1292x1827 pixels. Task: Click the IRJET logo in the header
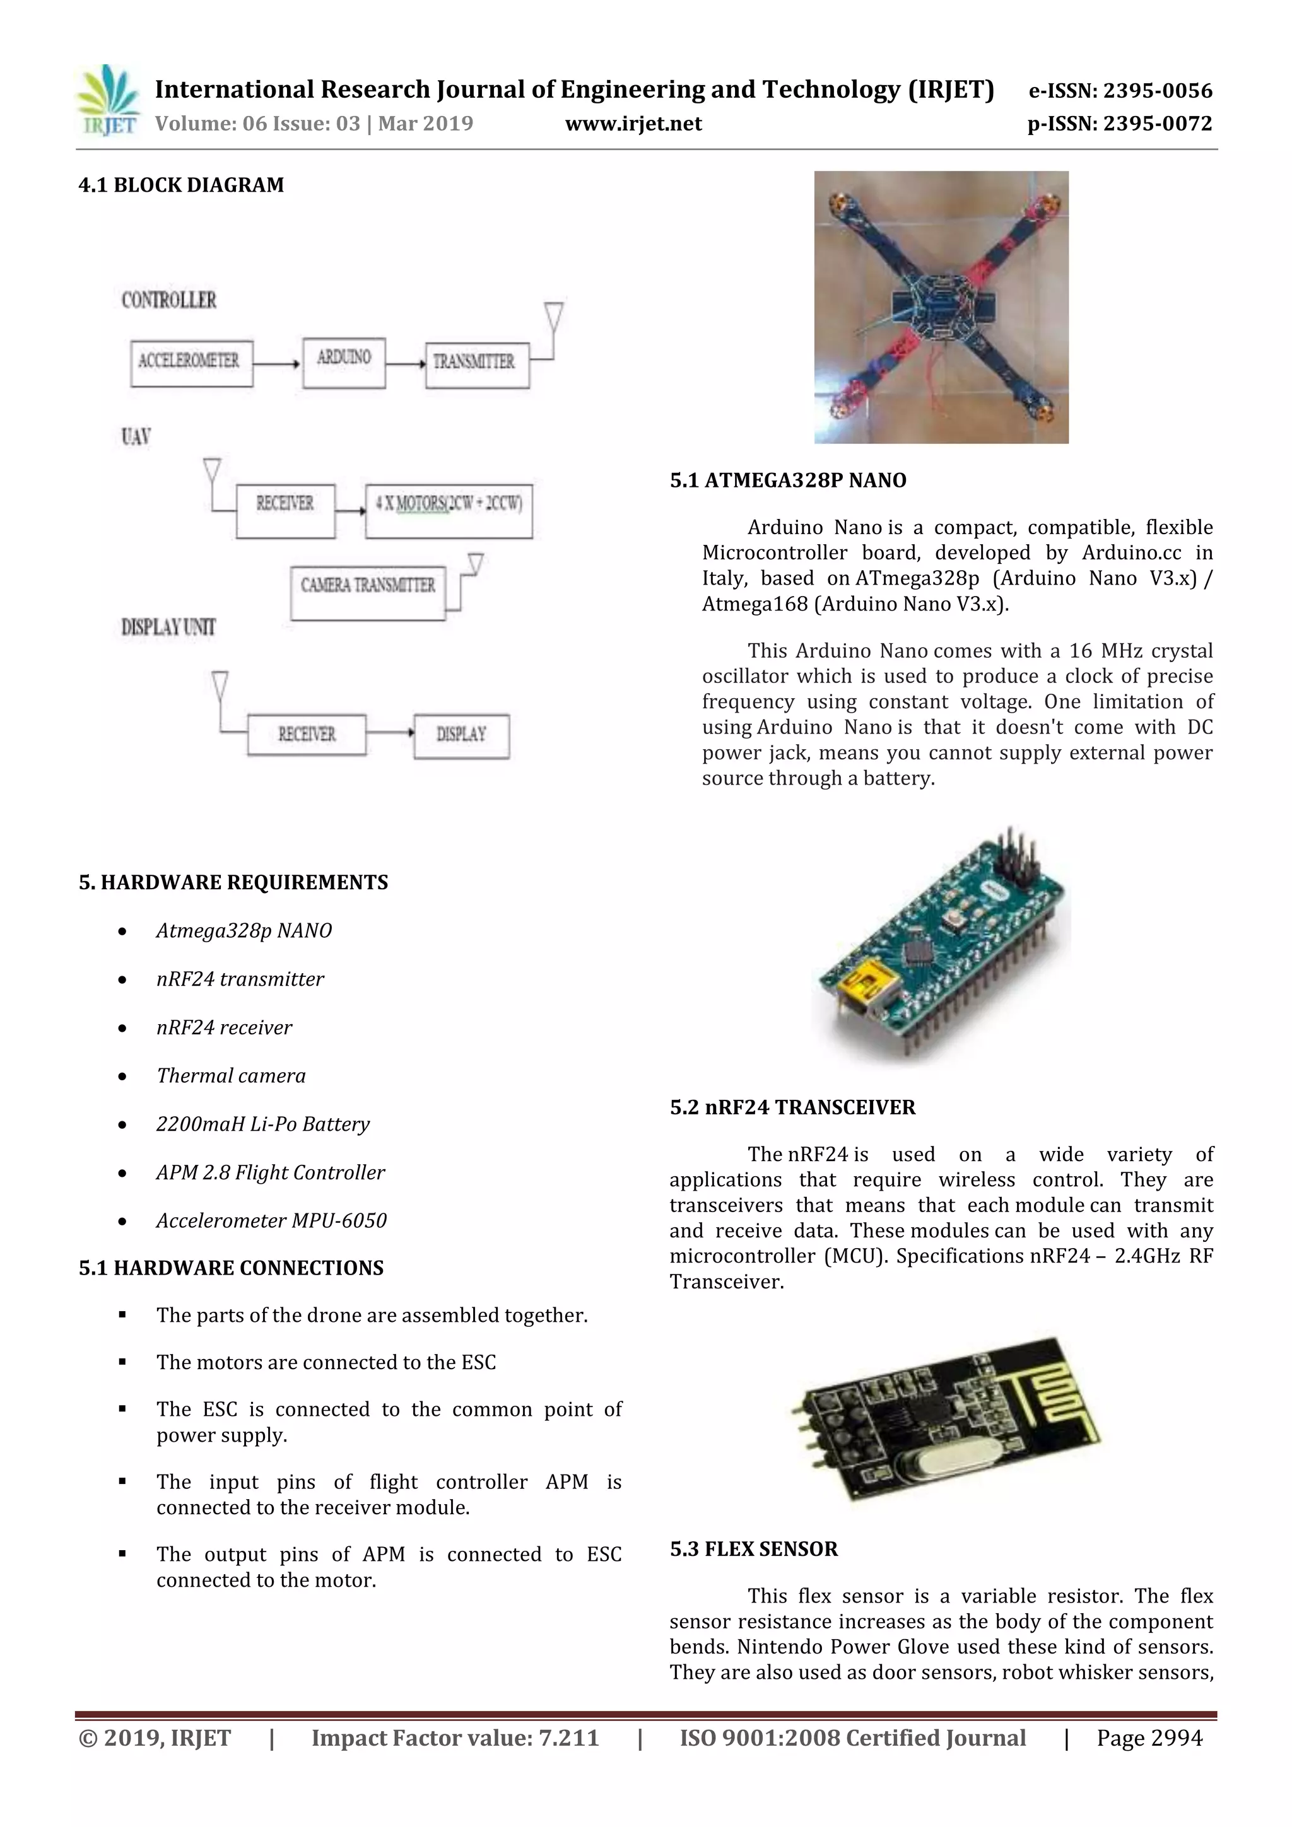click(x=107, y=101)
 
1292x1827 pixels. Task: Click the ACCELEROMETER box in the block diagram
click(x=191, y=363)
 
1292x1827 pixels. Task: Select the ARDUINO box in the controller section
click(x=344, y=362)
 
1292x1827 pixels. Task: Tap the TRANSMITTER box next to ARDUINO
click(x=477, y=365)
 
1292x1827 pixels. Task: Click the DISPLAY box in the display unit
click(x=461, y=736)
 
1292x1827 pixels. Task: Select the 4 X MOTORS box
click(x=448, y=510)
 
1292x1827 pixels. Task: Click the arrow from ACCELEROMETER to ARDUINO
click(x=276, y=364)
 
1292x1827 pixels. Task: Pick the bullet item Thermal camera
click(x=231, y=1076)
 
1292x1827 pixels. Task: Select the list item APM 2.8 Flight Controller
click(x=270, y=1172)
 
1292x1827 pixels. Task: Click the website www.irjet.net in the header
click(x=633, y=124)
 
